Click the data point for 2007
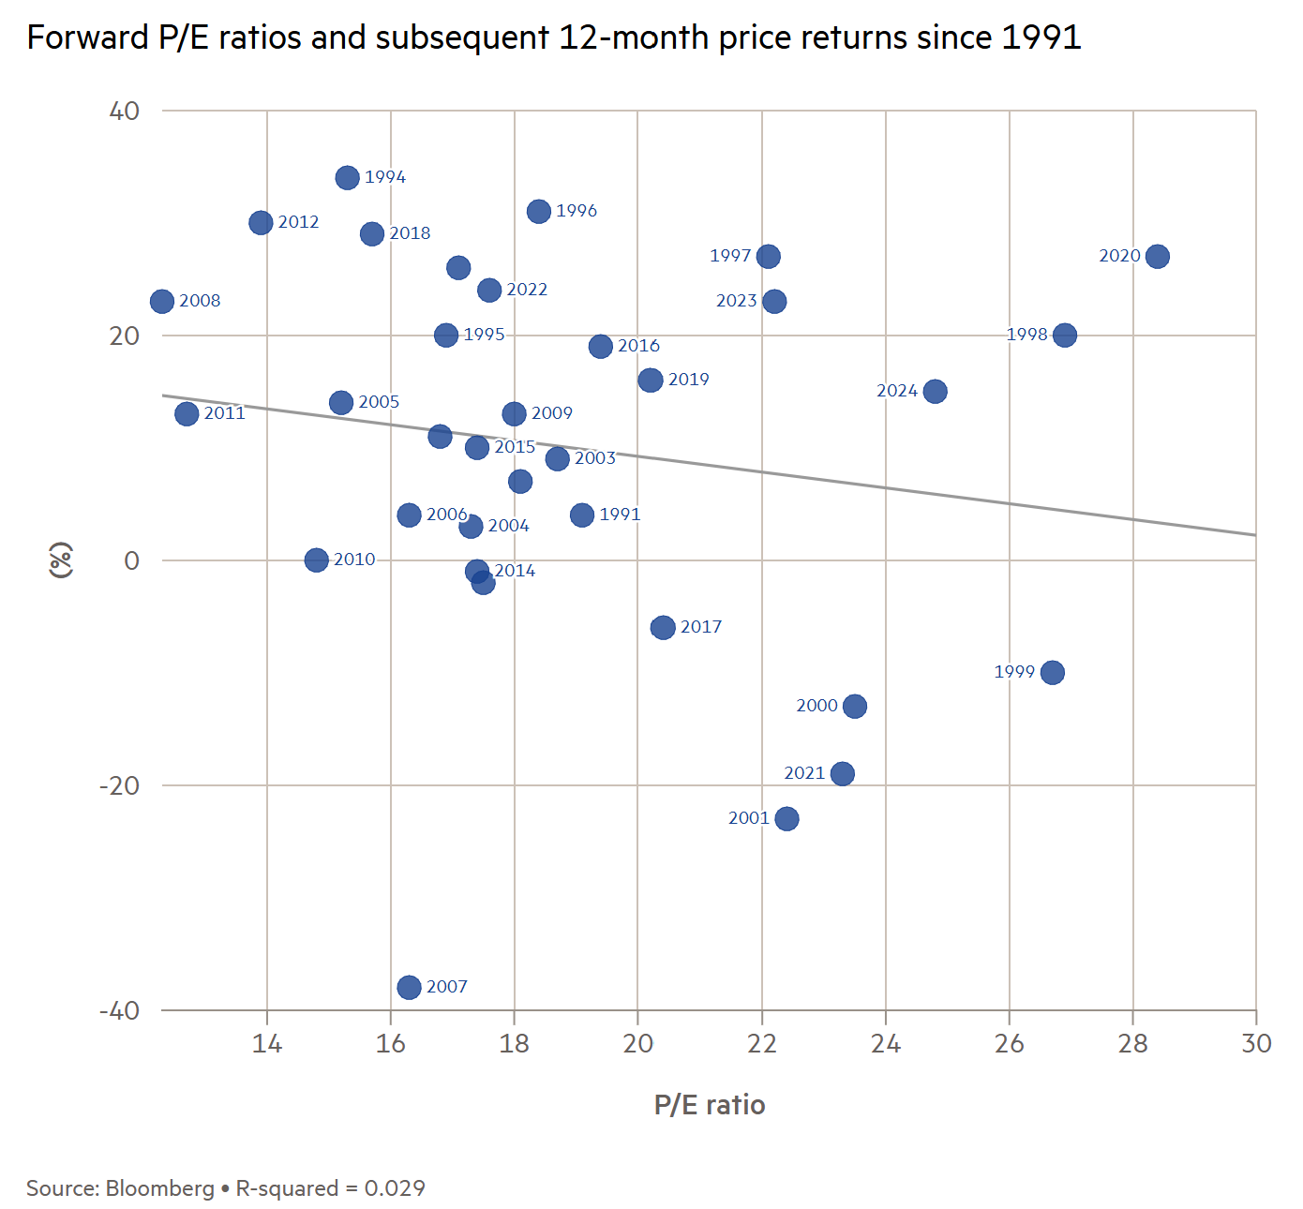click(x=409, y=987)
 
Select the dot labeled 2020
click(x=1158, y=256)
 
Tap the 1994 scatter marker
click(x=348, y=177)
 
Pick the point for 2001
click(x=786, y=818)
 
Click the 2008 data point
click(x=162, y=301)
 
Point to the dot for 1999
click(x=1053, y=672)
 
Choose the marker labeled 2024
click(x=935, y=391)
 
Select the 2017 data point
click(x=663, y=627)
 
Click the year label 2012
click(x=298, y=222)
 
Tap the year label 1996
click(x=577, y=211)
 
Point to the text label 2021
click(x=804, y=773)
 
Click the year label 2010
click(x=354, y=560)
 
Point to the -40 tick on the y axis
click(x=119, y=1010)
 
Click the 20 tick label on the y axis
click(x=124, y=336)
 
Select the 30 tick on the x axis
click(x=1256, y=1044)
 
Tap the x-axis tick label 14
click(x=267, y=1044)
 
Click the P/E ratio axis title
click(x=710, y=1105)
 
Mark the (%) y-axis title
click(x=61, y=560)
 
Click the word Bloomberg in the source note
click(x=160, y=1188)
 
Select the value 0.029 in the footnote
click(x=395, y=1188)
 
